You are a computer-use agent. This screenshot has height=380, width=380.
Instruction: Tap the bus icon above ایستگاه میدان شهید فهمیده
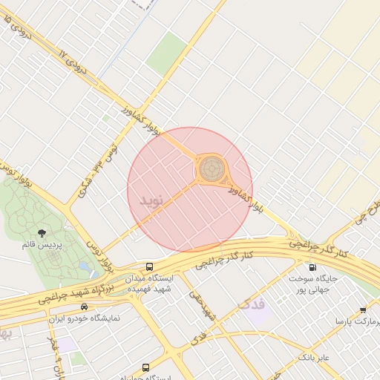tap(150, 266)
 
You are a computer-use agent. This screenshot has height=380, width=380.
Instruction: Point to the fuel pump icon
tap(311, 267)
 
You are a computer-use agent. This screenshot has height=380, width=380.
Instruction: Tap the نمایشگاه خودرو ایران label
tap(84, 318)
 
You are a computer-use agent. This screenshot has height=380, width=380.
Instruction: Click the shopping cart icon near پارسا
tap(363, 310)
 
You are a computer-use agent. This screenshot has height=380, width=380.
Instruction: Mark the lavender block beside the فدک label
tap(260, 312)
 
